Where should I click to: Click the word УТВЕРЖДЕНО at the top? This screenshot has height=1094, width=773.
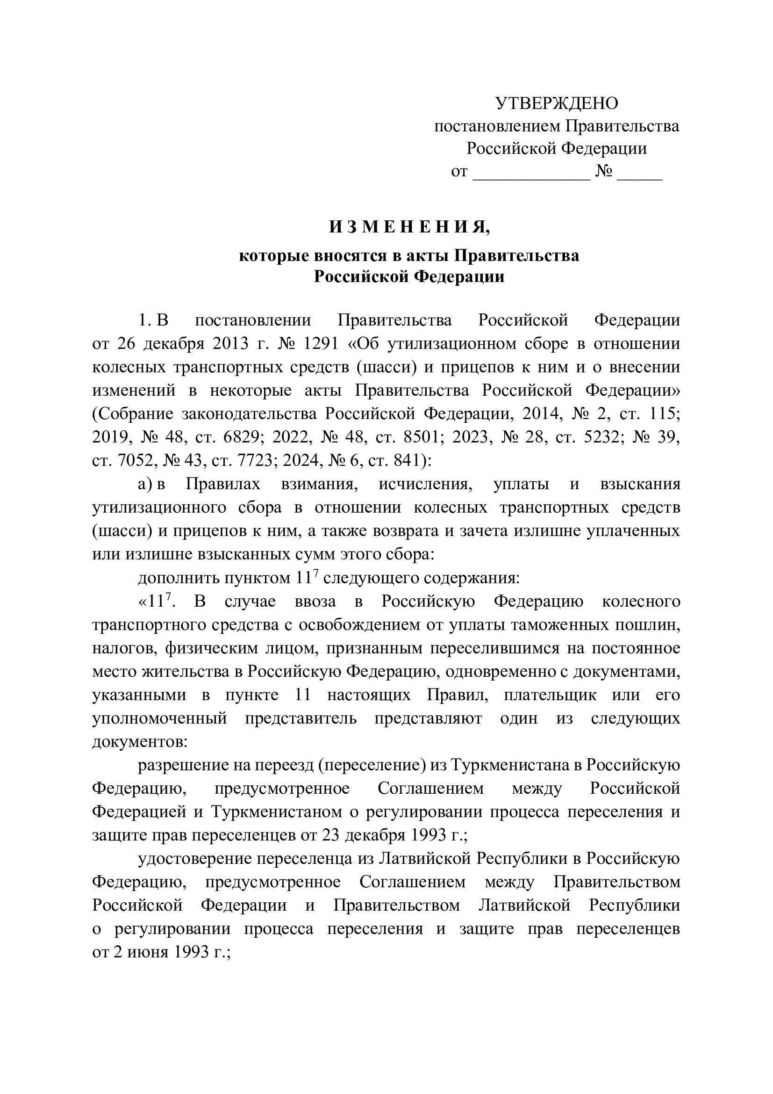(x=557, y=103)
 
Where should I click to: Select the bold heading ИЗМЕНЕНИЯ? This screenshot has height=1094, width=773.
(x=409, y=227)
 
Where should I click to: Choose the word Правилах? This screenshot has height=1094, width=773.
(x=223, y=484)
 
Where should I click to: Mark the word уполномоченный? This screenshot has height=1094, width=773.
(x=159, y=718)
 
